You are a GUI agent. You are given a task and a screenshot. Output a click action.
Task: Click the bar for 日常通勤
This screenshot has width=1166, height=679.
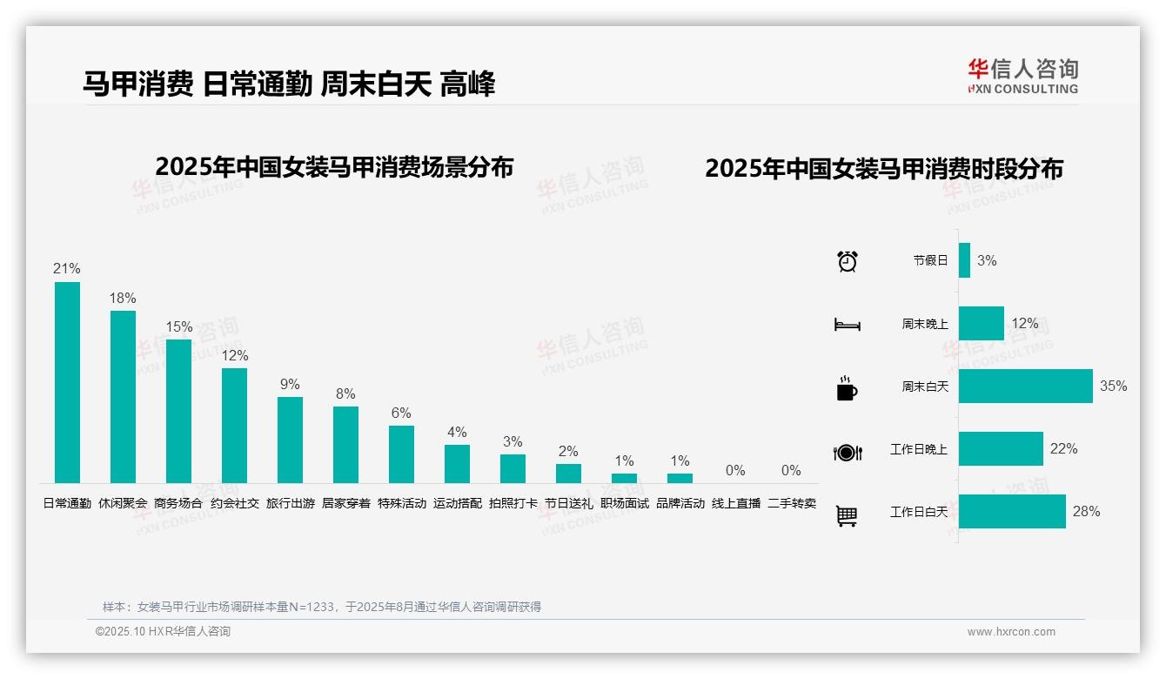67,382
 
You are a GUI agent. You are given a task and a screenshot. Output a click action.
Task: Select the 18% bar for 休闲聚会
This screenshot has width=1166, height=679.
123,397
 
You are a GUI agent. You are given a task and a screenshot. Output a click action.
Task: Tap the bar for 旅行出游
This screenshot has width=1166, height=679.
290,440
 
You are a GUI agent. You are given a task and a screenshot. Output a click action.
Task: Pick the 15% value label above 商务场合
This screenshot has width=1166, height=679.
178,327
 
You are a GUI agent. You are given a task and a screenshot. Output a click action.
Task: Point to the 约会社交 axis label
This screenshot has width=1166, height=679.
235,503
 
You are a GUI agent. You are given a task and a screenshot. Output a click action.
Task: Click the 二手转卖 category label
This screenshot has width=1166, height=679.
792,503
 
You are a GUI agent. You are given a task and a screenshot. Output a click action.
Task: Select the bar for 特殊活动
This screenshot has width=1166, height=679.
401,454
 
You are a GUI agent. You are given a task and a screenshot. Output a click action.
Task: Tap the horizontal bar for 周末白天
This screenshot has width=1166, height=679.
1025,387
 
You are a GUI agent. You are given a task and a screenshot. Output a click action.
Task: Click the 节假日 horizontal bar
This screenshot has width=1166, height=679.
964,260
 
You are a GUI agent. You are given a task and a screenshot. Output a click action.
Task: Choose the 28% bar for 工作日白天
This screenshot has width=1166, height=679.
1012,512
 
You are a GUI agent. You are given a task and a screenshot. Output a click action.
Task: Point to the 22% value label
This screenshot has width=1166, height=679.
1063,449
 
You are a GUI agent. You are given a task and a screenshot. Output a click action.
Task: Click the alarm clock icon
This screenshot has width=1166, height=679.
848,261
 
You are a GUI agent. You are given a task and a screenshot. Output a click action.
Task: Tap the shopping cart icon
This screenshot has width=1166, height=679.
847,515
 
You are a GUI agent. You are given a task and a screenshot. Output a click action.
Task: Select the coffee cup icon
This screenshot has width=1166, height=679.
847,388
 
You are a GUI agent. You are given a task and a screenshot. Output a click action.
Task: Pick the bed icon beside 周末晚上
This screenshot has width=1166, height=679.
847,325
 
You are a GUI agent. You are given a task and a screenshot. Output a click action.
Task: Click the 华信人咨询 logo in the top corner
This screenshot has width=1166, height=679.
1022,76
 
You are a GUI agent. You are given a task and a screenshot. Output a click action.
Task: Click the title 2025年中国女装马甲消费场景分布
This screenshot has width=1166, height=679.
334,167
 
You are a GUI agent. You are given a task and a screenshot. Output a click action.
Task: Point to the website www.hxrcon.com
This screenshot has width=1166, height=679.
1011,632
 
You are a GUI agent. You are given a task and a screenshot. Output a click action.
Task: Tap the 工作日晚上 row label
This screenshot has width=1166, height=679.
918,450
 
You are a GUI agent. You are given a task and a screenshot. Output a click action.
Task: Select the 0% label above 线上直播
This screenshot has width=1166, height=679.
735,471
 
